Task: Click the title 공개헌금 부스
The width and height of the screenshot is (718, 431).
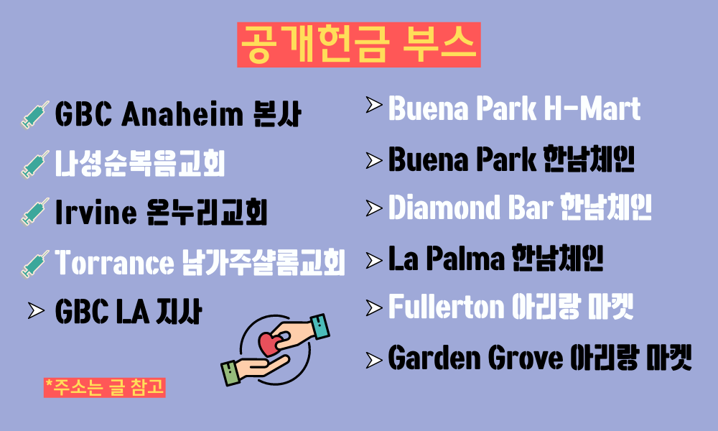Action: point(358,45)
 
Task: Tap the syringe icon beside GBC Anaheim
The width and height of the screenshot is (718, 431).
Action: point(34,115)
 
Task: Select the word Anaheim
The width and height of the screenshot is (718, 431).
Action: point(182,113)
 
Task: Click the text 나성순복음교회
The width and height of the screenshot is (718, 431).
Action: point(140,163)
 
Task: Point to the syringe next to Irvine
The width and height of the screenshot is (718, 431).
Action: point(34,212)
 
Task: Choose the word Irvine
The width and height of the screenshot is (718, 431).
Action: point(95,212)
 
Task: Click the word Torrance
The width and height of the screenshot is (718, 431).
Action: point(114,262)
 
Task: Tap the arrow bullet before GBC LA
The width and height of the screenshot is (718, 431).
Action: point(36,310)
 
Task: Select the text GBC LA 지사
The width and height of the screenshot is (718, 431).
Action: point(129,311)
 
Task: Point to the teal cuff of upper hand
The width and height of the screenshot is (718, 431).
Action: point(320,326)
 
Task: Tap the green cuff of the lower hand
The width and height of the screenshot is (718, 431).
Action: point(230,373)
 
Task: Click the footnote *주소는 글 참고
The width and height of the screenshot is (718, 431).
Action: point(104,387)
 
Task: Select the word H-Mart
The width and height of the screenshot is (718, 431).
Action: point(592,108)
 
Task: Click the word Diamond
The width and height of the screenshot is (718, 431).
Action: point(444,208)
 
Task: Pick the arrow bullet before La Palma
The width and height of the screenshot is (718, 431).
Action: point(374,260)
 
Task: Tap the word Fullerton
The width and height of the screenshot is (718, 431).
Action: point(446,307)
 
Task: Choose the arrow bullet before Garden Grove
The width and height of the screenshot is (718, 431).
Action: point(374,360)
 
